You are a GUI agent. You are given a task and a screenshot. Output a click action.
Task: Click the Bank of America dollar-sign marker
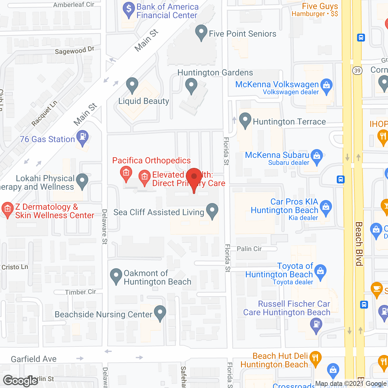click(129, 9)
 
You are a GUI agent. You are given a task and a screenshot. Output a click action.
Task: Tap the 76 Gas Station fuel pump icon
click(82, 137)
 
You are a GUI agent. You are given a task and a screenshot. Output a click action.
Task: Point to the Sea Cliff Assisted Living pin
click(212, 210)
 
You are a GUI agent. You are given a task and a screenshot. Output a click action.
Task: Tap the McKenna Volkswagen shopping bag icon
click(326, 86)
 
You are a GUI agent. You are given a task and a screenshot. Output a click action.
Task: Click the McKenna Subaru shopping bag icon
click(317, 156)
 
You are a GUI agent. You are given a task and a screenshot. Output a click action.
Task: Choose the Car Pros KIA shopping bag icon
click(326, 208)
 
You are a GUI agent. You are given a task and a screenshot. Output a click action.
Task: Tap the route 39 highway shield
click(357, 71)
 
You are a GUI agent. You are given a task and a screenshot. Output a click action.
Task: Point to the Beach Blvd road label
click(359, 244)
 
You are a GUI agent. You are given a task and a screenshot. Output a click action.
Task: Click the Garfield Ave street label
click(34, 359)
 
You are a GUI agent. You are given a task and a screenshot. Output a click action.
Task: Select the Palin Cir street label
click(249, 249)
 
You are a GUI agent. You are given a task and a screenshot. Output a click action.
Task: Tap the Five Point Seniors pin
click(201, 32)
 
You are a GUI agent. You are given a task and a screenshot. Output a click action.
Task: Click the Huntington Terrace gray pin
click(245, 120)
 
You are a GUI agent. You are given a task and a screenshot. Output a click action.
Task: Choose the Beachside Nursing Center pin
click(160, 313)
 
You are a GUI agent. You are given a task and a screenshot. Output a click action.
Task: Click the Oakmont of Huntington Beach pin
click(116, 275)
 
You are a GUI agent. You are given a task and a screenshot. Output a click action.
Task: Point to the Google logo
click(20, 381)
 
